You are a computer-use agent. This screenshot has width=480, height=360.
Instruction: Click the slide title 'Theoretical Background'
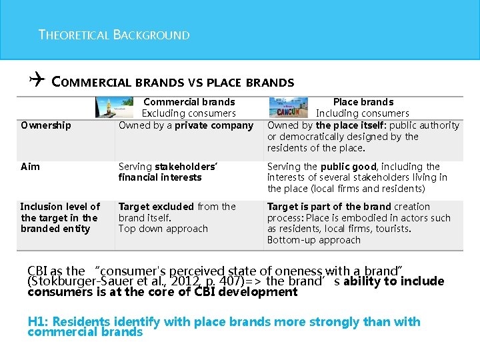pos(114,35)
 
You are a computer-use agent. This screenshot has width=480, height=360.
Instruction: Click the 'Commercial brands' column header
pos(189,102)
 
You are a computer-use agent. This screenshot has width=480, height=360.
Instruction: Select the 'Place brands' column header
pos(363,102)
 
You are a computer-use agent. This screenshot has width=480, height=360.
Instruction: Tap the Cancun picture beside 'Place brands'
pos(288,107)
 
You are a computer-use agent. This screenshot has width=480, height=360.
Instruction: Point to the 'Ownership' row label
pos(46,125)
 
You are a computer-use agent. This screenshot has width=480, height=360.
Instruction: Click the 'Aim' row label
pos(30,167)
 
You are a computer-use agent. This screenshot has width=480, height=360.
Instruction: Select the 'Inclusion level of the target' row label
pos(60,217)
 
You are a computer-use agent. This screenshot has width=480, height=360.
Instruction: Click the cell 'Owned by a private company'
pos(186,125)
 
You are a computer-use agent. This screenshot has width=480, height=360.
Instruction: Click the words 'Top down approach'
pos(163,229)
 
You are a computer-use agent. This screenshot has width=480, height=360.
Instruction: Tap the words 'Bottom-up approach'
pos(313,240)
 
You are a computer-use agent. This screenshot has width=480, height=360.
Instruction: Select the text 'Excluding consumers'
pos(189,113)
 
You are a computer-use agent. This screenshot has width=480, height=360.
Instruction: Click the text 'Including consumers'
pos(363,113)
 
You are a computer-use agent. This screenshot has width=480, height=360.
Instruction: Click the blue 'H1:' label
pos(38,322)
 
